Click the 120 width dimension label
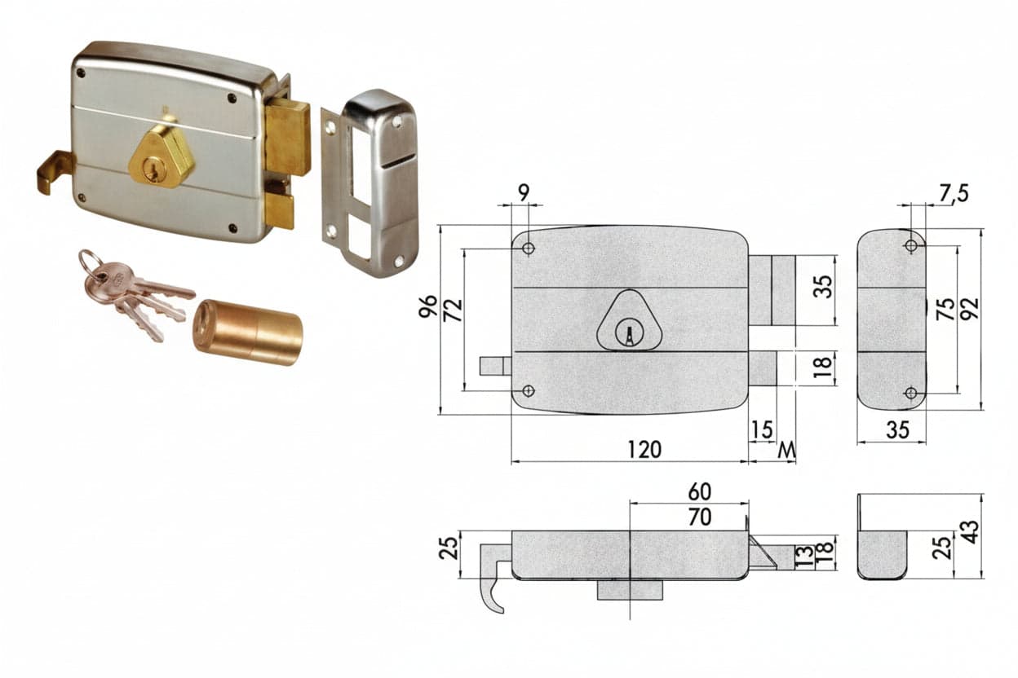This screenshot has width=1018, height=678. pos(644,450)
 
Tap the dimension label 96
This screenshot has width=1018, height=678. pos(428,306)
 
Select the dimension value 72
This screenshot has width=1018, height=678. pos(453,310)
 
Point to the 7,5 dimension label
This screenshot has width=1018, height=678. pos(954,193)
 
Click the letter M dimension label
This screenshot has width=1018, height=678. pos(786,451)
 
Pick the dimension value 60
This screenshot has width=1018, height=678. pos(700,491)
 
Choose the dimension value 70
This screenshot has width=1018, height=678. pos(700,517)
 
